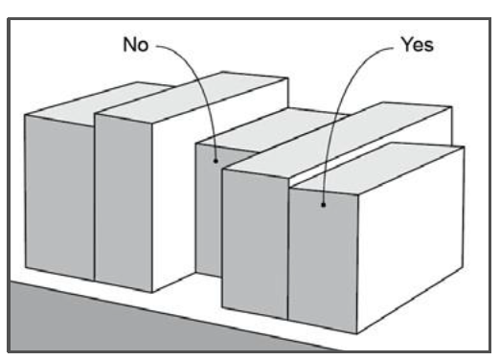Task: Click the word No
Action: click(x=136, y=44)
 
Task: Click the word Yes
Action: click(x=418, y=44)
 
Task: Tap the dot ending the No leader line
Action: click(x=216, y=161)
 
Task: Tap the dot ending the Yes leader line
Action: click(x=323, y=205)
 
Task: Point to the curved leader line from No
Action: click(x=199, y=83)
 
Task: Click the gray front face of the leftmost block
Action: click(x=59, y=197)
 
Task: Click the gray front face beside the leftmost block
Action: click(x=124, y=204)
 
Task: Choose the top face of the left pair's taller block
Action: click(x=192, y=97)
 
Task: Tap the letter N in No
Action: click(x=130, y=44)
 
